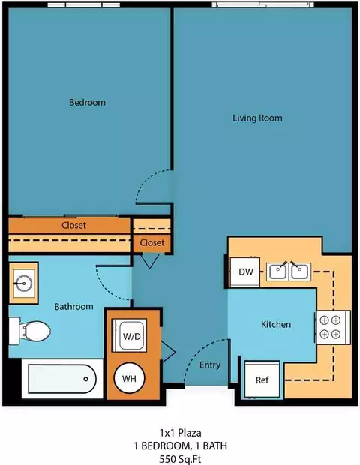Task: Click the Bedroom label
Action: coord(87,102)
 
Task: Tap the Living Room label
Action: coord(257,118)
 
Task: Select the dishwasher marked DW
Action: coord(245,272)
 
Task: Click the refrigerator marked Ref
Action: coord(262,379)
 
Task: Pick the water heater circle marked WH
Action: coord(129,379)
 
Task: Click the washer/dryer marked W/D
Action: coord(130,335)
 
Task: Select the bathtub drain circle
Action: coord(86,379)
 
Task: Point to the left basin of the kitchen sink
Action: coord(277,272)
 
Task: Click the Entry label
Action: coord(210,364)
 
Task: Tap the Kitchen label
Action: coord(276,324)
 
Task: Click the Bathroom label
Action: coord(73,306)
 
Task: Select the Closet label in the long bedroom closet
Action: coord(73,225)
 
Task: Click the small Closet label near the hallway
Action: coord(152,242)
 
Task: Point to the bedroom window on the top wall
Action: coord(84,5)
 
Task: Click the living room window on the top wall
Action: coord(263,4)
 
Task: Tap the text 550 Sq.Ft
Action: coord(180,459)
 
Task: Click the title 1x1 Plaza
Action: coord(181,433)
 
